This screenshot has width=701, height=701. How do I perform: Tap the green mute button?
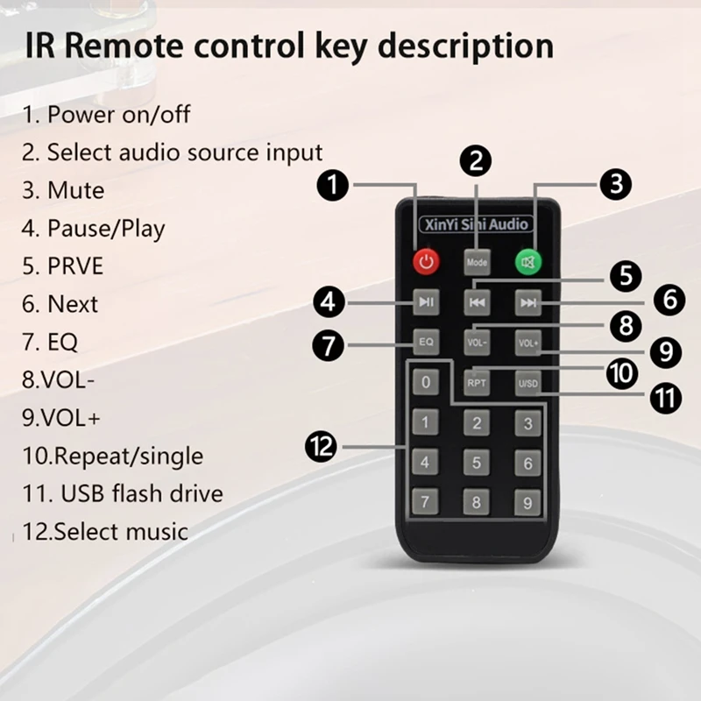click(x=528, y=262)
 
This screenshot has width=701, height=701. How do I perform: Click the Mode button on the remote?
click(x=477, y=262)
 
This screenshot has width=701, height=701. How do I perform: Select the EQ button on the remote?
click(x=426, y=342)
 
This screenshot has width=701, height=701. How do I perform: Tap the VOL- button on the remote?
click(x=477, y=343)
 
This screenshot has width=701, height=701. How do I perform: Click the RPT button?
click(x=477, y=383)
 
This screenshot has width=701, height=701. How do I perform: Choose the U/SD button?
click(x=528, y=383)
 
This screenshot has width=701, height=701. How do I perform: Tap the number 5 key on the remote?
click(x=477, y=463)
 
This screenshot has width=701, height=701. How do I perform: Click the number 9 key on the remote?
click(x=528, y=503)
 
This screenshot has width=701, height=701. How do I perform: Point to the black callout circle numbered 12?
click(x=321, y=447)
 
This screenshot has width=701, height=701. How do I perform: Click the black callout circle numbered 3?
click(x=616, y=184)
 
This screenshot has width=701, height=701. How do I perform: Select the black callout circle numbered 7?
click(x=329, y=345)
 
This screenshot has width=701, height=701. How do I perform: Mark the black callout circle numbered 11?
click(x=666, y=398)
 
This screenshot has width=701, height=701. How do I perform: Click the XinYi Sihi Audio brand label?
click(x=477, y=224)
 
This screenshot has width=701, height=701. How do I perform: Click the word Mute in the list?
click(x=76, y=190)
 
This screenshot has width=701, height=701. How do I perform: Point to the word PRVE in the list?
click(x=75, y=266)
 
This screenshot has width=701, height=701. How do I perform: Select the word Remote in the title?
click(x=124, y=46)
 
